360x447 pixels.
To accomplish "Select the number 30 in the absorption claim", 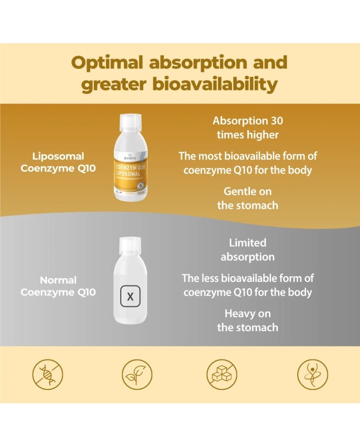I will (x=275, y=121).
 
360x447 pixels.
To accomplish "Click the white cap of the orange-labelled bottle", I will (x=130, y=122).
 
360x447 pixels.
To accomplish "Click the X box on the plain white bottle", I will (x=130, y=296).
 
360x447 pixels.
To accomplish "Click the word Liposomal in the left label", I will (x=58, y=156).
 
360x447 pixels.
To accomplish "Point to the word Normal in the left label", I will (x=58, y=280).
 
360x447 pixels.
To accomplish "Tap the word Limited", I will (x=248, y=243).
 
